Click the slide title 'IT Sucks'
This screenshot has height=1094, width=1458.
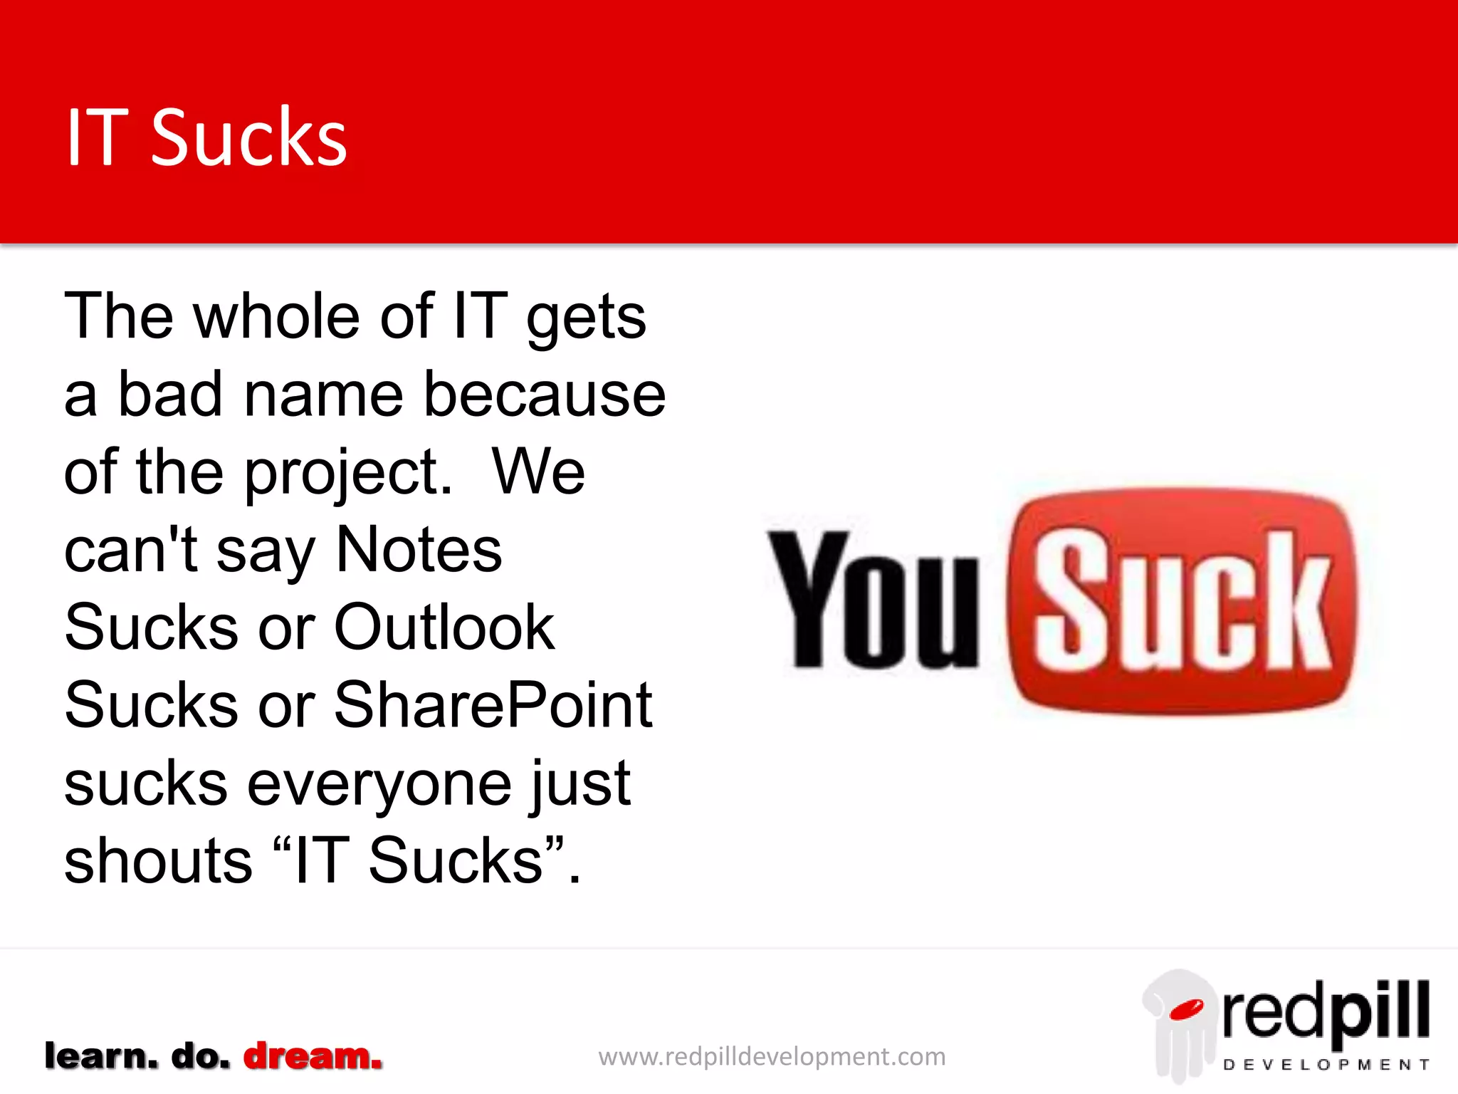click(x=206, y=137)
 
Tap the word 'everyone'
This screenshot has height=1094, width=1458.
click(x=379, y=784)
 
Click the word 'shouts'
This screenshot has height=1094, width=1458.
click(x=158, y=860)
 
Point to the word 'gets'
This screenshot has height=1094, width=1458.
click(x=586, y=318)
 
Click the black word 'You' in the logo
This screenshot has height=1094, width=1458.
click(x=874, y=600)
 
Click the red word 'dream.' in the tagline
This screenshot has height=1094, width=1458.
click(x=313, y=1056)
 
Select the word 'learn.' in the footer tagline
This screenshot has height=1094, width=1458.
click(x=101, y=1056)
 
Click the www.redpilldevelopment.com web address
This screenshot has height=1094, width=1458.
click(x=772, y=1056)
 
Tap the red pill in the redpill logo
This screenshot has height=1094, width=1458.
click(x=1186, y=1009)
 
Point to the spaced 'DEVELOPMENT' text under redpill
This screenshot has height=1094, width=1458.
click(x=1326, y=1065)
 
